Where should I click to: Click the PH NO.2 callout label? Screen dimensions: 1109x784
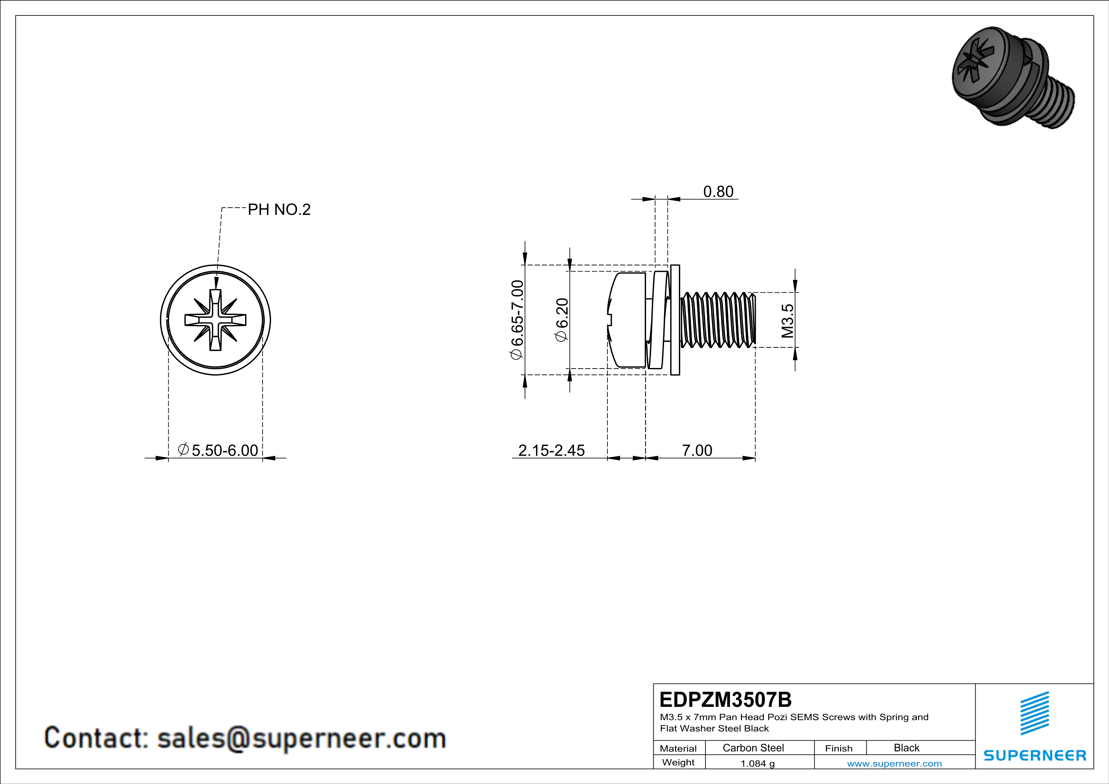tap(279, 210)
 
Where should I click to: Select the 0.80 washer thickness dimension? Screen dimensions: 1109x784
tap(718, 192)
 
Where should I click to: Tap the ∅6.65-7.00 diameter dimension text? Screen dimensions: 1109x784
tap(516, 320)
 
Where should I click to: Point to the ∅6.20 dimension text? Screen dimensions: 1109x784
tap(562, 320)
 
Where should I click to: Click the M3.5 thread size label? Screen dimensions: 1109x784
tap(787, 321)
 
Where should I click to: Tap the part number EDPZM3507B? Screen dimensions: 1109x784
tap(725, 700)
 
